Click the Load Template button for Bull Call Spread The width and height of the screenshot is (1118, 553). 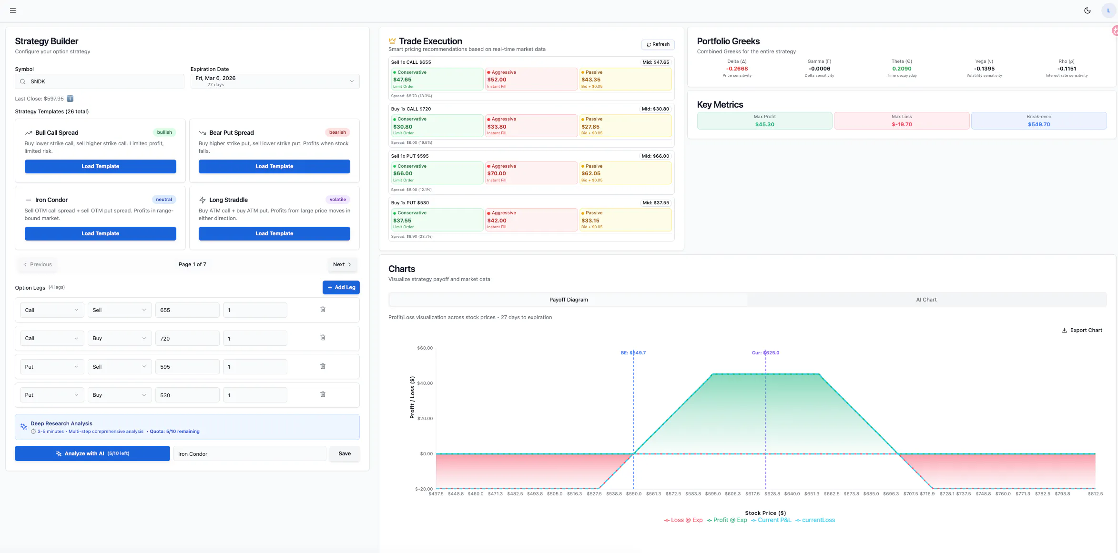[100, 166]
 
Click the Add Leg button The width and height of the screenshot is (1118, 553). [341, 287]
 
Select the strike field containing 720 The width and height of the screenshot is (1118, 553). [187, 338]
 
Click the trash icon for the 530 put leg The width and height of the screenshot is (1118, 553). [323, 394]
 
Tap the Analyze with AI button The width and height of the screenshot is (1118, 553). [92, 453]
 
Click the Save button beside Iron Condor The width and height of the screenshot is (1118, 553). [345, 453]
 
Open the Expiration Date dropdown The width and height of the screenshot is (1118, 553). [275, 81]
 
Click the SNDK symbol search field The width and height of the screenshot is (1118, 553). [100, 81]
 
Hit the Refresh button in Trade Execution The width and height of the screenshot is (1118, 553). [658, 44]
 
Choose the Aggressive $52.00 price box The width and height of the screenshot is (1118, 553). [531, 79]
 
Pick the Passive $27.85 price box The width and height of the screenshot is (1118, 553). [625, 126]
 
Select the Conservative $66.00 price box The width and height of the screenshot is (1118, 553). [437, 173]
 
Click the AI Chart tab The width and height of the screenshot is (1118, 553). [926, 300]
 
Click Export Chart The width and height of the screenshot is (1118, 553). [1082, 330]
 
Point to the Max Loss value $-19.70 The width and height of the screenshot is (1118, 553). [902, 124]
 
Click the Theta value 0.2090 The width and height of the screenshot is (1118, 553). [902, 69]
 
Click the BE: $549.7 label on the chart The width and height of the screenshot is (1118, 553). [633, 353]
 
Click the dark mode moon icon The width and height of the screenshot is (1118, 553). [1088, 10]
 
